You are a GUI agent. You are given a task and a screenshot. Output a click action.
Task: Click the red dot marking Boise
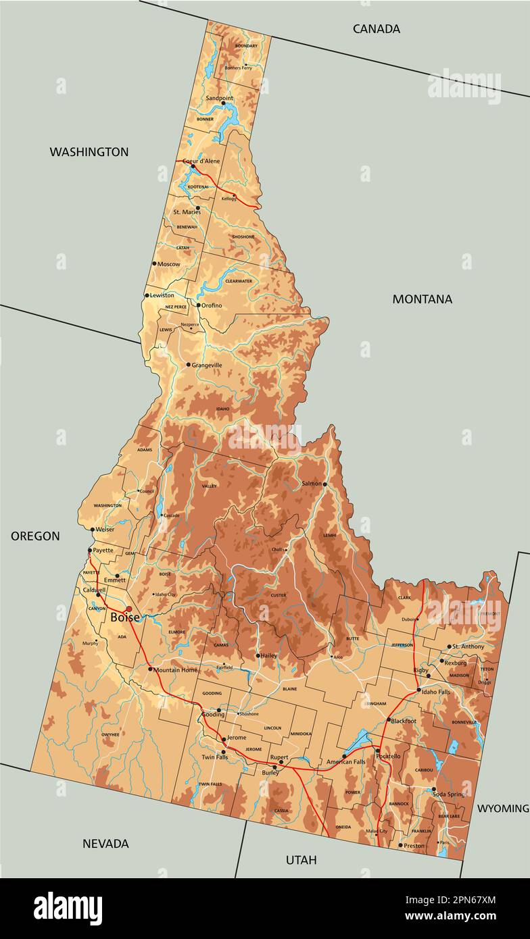(128, 609)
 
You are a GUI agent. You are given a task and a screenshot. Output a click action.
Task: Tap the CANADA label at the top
(377, 28)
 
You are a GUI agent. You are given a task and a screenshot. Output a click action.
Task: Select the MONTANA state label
(422, 299)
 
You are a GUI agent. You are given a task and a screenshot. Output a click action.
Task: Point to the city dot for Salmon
(324, 484)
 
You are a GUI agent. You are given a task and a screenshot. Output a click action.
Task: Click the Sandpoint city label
(219, 98)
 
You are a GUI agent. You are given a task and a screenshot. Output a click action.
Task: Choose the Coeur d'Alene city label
(201, 161)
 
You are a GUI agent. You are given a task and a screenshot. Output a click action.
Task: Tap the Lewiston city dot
(147, 295)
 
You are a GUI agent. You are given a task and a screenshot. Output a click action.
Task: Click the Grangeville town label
(207, 365)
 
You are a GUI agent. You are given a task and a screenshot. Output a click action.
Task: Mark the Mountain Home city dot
(150, 669)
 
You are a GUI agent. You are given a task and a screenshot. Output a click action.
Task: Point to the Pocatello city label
(389, 756)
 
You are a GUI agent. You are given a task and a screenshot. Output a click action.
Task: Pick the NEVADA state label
(105, 843)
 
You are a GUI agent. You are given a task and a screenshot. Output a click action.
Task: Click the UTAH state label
(301, 859)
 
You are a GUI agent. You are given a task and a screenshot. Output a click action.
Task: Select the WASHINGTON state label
(89, 152)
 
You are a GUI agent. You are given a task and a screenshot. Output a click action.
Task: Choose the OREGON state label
(35, 536)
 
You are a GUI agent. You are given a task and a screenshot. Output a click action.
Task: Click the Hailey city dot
(258, 655)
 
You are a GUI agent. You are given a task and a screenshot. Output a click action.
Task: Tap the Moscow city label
(168, 263)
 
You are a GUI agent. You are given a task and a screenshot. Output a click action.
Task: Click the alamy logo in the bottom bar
(68, 907)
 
